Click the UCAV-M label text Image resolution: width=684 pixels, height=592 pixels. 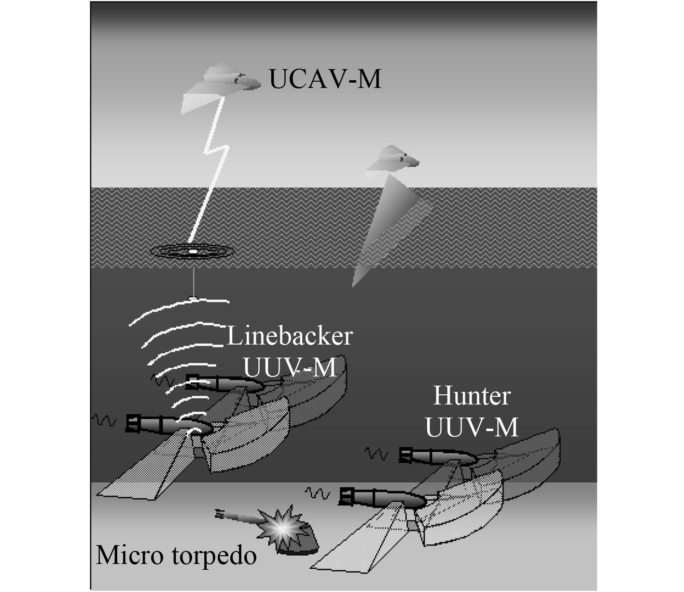(x=325, y=79)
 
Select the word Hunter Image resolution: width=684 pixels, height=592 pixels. (x=472, y=396)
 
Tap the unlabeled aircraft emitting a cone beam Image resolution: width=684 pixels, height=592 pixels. (x=392, y=159)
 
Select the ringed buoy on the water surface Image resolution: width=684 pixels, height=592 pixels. (x=192, y=251)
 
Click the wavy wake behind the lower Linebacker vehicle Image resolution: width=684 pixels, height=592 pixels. (x=105, y=420)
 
